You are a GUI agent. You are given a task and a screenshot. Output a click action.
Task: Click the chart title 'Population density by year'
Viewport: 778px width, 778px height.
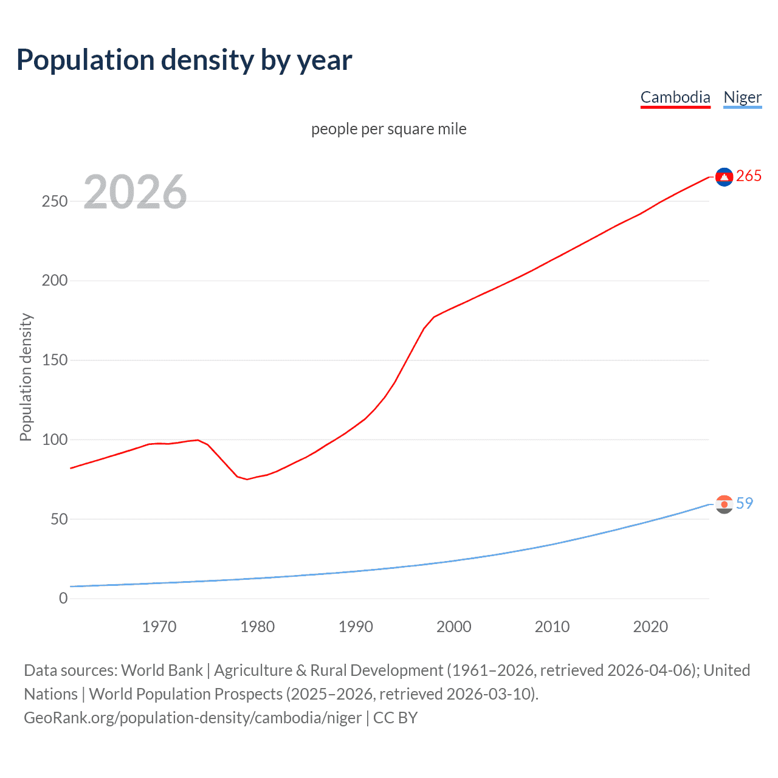click(184, 60)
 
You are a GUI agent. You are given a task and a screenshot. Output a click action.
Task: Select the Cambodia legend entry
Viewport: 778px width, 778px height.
click(675, 98)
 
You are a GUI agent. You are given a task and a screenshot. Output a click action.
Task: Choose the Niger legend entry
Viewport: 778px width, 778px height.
click(742, 98)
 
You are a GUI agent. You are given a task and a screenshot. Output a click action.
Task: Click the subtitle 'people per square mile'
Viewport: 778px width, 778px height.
click(389, 129)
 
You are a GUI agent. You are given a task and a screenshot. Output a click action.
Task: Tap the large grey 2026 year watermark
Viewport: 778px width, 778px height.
click(135, 192)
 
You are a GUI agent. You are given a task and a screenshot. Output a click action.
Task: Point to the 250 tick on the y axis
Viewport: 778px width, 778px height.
click(55, 201)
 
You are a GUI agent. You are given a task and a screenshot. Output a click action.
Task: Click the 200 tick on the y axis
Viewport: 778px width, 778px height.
click(55, 281)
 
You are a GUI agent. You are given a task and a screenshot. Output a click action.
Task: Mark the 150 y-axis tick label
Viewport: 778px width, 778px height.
click(55, 360)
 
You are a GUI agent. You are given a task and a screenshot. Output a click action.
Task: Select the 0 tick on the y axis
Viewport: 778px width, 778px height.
click(63, 599)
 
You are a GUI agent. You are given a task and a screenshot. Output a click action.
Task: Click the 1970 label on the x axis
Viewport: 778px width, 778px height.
click(159, 627)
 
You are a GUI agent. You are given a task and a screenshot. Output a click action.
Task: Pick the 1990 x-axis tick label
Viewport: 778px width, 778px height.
click(356, 627)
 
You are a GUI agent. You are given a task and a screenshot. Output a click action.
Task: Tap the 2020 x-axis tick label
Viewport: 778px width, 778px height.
click(650, 627)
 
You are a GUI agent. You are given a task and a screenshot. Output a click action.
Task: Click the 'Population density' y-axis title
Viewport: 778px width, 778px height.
click(26, 377)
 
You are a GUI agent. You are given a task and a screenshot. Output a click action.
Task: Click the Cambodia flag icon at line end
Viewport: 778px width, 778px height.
click(724, 177)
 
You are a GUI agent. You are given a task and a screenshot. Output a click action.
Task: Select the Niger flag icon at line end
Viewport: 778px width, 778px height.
click(724, 504)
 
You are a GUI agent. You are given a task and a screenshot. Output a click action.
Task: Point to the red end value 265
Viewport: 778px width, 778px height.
click(749, 176)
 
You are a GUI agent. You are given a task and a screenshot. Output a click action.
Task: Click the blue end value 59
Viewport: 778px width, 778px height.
click(745, 504)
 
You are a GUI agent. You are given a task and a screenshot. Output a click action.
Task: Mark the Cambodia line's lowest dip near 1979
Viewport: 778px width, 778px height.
click(247, 479)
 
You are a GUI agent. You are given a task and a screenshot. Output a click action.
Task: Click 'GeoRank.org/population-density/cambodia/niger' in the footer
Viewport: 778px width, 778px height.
click(193, 718)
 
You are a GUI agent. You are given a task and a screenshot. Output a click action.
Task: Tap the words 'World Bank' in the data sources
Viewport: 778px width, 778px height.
click(162, 670)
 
